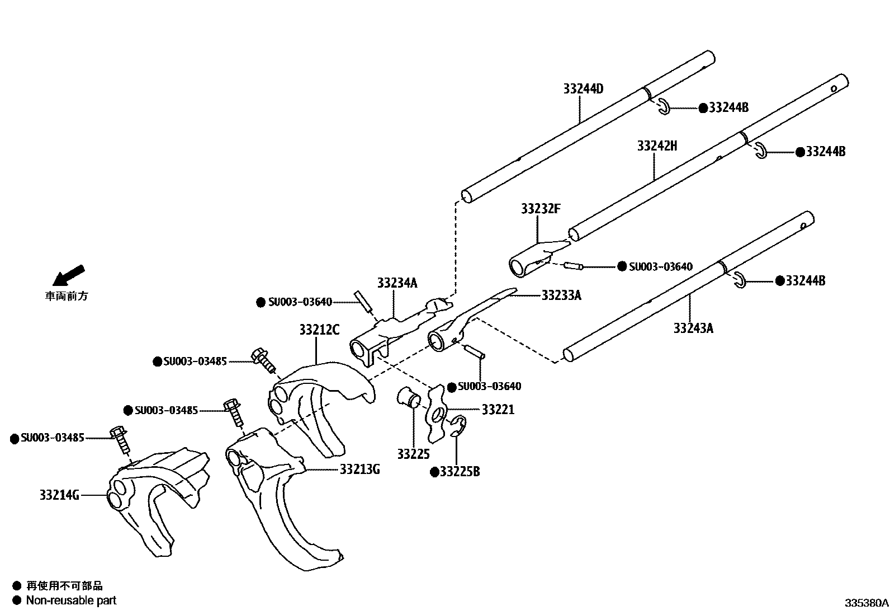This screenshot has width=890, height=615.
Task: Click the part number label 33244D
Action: coord(583,89)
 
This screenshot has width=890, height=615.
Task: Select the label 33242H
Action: coord(657,146)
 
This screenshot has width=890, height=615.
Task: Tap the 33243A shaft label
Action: coord(693,328)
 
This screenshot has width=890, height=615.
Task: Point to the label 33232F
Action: coord(540,209)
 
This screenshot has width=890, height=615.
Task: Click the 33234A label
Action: coord(397,283)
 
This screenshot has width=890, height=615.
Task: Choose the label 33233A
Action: coord(561,295)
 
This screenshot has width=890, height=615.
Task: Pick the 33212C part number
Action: coord(319,330)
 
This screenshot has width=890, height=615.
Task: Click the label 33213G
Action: coord(359,469)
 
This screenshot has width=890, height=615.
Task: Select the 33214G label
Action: coord(59,495)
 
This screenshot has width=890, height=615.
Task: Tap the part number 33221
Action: coord(498,410)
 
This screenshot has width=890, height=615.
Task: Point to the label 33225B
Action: coord(459,472)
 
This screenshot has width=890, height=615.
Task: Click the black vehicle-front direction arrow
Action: coord(66,275)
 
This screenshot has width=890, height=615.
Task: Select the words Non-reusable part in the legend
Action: coord(72,600)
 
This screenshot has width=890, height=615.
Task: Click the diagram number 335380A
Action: coord(866,603)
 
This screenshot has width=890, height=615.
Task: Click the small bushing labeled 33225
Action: coord(409,397)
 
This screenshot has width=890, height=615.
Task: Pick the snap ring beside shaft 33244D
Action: coord(664,106)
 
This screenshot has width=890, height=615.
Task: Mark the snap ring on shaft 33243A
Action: coord(739,280)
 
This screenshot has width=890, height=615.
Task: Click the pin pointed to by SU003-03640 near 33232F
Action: coord(573,266)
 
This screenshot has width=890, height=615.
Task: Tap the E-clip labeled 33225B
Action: coord(458,425)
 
